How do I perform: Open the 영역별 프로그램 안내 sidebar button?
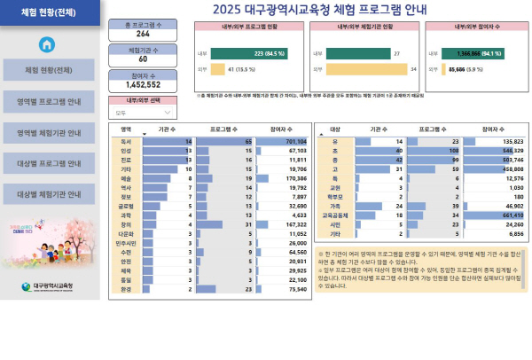click(x=50, y=101)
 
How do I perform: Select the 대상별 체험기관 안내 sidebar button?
click(x=50, y=193)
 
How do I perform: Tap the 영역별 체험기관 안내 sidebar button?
click(x=50, y=132)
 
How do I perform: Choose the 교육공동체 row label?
click(x=334, y=215)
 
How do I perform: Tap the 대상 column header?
click(x=334, y=129)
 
